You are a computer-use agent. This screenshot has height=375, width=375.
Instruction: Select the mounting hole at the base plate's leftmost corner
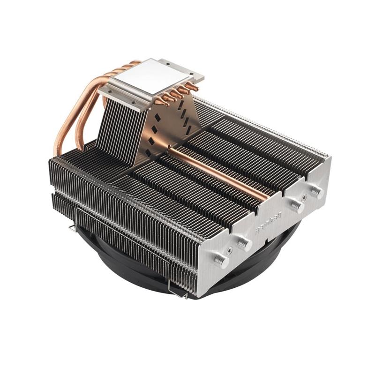[104, 91]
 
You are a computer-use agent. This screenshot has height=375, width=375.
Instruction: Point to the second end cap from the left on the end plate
[243, 242]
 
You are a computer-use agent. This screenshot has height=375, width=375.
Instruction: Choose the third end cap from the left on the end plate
[295, 205]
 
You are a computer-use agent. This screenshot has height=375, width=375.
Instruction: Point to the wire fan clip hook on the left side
[71, 228]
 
